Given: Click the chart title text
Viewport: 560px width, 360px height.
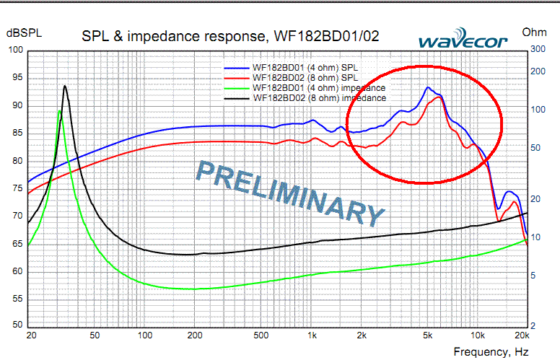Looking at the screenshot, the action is tap(230, 36).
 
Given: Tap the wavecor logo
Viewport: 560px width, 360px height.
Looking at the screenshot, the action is tap(463, 38).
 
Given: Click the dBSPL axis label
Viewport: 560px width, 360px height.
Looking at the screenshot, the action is tap(24, 33).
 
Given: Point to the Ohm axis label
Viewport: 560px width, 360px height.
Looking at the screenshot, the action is tap(534, 32).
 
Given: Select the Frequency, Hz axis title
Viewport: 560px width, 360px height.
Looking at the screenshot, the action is tap(491, 352).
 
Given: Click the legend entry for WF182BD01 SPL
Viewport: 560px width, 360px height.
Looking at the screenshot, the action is tap(291, 68).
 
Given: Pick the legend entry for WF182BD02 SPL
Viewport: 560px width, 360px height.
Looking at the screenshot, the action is tap(291, 77).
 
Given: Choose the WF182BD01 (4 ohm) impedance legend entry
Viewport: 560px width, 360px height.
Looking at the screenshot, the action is tap(305, 88).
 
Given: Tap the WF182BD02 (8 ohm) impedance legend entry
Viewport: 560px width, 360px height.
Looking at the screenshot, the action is tap(305, 98).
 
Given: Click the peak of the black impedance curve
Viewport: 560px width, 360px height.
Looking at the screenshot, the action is tap(65, 86).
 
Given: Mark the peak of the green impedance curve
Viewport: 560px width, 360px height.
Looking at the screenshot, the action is tap(59, 111).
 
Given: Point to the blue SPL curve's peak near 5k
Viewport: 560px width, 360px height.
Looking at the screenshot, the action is tap(427, 87).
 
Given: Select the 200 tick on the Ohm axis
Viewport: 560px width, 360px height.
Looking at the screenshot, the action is tap(538, 71).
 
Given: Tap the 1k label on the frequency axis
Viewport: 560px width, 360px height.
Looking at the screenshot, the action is tap(312, 335).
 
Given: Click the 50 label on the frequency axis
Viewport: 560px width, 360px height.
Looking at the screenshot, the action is tap(95, 335).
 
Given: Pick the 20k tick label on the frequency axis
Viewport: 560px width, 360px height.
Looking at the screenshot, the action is tap(522, 335).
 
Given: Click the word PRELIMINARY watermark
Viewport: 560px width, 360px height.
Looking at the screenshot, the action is tap(290, 193).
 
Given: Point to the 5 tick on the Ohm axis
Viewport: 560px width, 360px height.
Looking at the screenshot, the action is tap(533, 276).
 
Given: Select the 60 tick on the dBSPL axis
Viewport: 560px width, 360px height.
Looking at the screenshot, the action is tap(17, 271).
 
